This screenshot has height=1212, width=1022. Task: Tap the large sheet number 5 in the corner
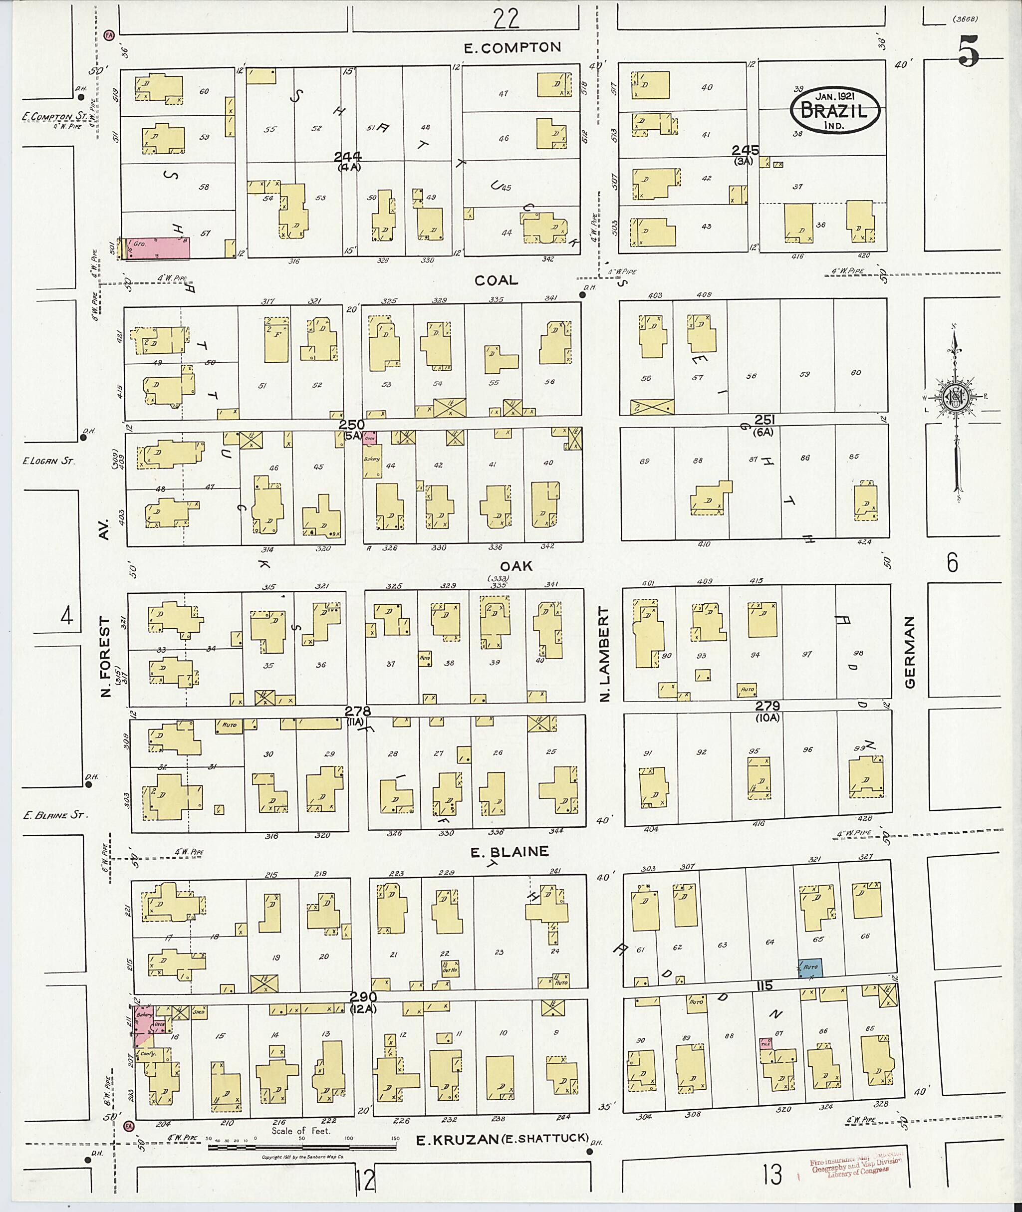tap(968, 52)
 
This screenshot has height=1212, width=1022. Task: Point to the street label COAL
tap(496, 280)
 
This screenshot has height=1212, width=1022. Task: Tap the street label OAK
tap(515, 565)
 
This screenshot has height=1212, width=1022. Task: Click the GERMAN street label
tap(910, 652)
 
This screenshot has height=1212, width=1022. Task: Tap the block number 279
tap(767, 706)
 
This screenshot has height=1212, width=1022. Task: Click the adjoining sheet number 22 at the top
tap(506, 20)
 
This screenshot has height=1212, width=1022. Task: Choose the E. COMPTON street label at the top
tap(512, 47)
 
